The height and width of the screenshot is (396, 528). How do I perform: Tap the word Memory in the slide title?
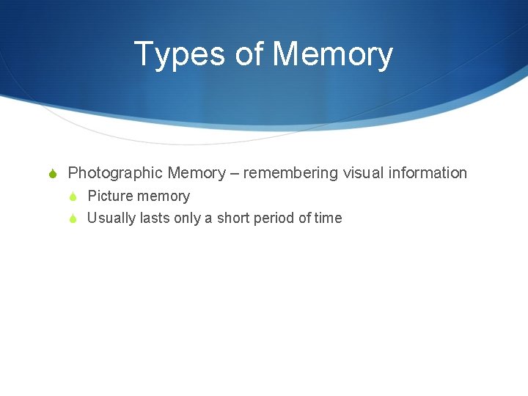333,55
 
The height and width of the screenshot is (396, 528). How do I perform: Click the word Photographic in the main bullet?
115,173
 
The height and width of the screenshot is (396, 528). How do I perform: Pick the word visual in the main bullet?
359,173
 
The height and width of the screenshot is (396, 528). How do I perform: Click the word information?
426,173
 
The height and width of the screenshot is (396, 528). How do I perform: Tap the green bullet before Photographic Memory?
53,174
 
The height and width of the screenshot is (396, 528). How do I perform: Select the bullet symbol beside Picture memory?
74,197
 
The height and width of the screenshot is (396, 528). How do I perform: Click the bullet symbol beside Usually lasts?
74,219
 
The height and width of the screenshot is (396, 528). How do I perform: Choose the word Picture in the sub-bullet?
111,197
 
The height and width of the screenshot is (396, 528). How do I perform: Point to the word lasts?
155,219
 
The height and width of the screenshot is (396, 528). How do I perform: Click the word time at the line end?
328,219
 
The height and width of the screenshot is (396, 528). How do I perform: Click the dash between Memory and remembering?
235,174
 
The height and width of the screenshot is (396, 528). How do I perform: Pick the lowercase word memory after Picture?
164,197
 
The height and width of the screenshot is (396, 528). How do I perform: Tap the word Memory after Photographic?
197,173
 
